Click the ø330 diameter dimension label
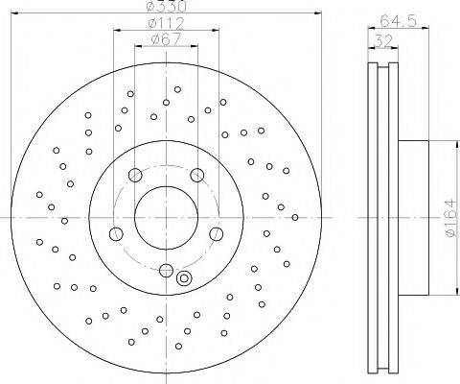(166, 7)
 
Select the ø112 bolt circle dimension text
(167, 23)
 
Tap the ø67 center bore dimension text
(166, 39)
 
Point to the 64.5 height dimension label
(399, 21)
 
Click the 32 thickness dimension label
(383, 40)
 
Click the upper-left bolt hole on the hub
(135, 175)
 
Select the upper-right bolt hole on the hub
(197, 175)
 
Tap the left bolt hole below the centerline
(116, 234)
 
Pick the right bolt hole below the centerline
(217, 234)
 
